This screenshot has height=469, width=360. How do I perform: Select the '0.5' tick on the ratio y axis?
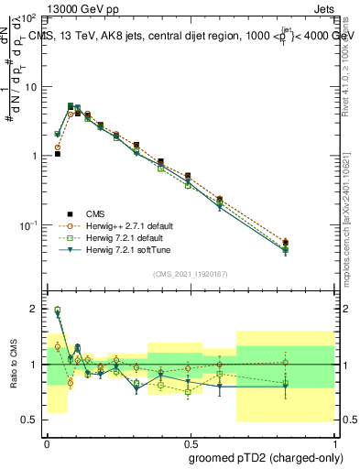(x=29, y=420)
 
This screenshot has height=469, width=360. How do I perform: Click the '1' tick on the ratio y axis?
(x=34, y=365)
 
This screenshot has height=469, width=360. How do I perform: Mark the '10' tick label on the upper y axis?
(x=30, y=87)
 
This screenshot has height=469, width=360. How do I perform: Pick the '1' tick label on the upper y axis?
(x=34, y=156)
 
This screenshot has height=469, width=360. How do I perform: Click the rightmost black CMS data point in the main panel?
(x=286, y=243)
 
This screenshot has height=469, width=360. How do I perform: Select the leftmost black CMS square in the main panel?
(x=57, y=154)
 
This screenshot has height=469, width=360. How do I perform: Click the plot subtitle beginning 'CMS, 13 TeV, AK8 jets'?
(x=188, y=34)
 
